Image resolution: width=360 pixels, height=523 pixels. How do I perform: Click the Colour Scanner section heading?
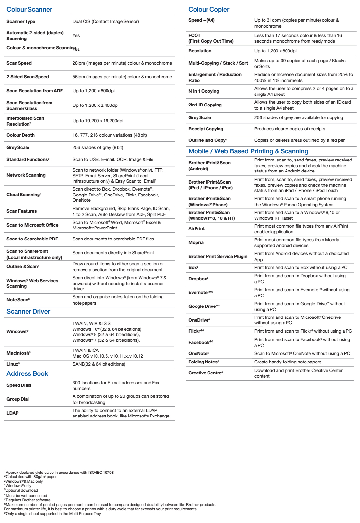tap(29, 9)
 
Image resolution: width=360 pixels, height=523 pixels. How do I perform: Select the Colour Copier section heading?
tap(209, 9)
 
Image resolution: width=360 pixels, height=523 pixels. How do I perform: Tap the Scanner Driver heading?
tap(28, 311)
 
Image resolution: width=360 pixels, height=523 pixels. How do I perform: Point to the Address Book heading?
tap(27, 373)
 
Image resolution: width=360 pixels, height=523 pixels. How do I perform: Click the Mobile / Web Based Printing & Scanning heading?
tap(248, 151)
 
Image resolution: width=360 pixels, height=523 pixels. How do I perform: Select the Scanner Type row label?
tap(21, 21)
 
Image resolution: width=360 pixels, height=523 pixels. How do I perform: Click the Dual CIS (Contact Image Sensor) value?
tap(106, 21)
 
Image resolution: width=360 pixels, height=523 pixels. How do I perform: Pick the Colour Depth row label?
tap(20, 135)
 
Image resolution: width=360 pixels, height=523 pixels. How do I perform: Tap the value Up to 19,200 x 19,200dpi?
tap(98, 121)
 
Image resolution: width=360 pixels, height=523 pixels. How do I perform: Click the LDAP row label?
tap(12, 413)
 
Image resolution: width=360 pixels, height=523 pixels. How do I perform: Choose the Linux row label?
tap(13, 364)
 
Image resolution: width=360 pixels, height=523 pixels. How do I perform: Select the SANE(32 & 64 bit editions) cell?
tap(99, 364)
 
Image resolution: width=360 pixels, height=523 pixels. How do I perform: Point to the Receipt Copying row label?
tap(206, 129)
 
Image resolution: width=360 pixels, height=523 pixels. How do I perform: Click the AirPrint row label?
tap(197, 228)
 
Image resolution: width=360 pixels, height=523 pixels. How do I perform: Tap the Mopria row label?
tap(196, 242)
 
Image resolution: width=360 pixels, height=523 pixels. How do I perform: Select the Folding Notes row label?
tap(204, 362)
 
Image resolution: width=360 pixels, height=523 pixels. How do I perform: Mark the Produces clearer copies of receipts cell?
tap(290, 129)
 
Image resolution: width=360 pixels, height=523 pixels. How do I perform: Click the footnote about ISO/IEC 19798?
tap(60, 473)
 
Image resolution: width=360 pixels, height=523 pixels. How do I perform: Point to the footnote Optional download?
tap(21, 490)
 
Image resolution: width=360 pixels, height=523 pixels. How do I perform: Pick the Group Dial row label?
tap(17, 399)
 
